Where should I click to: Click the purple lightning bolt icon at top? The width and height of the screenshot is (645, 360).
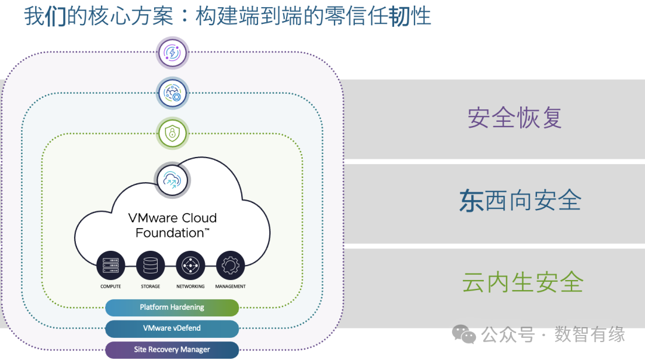coord(172,53)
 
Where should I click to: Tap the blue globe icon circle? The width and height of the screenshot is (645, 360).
coord(172,93)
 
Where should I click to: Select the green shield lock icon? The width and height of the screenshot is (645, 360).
coord(172,133)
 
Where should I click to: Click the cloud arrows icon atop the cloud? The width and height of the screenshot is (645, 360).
coord(172,179)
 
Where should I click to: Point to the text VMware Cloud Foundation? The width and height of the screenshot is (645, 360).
coord(173,225)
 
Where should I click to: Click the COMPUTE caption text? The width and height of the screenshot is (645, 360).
coord(110,287)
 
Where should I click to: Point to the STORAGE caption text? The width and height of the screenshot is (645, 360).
coord(150,287)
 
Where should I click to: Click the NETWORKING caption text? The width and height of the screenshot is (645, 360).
coord(191,287)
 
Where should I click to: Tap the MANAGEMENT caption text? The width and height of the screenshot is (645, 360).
coord(230,287)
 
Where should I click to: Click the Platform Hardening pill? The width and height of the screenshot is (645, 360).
coord(172,307)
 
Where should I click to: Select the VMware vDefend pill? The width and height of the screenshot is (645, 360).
coord(172,328)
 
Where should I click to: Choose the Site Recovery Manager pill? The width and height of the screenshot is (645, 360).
coord(172,349)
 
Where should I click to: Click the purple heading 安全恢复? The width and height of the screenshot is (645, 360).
coord(515,118)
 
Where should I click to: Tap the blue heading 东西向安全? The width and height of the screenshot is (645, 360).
coord(520,201)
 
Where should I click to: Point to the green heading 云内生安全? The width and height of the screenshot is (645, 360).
coord(523,282)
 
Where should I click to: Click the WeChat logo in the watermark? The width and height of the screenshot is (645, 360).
coord(464,334)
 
